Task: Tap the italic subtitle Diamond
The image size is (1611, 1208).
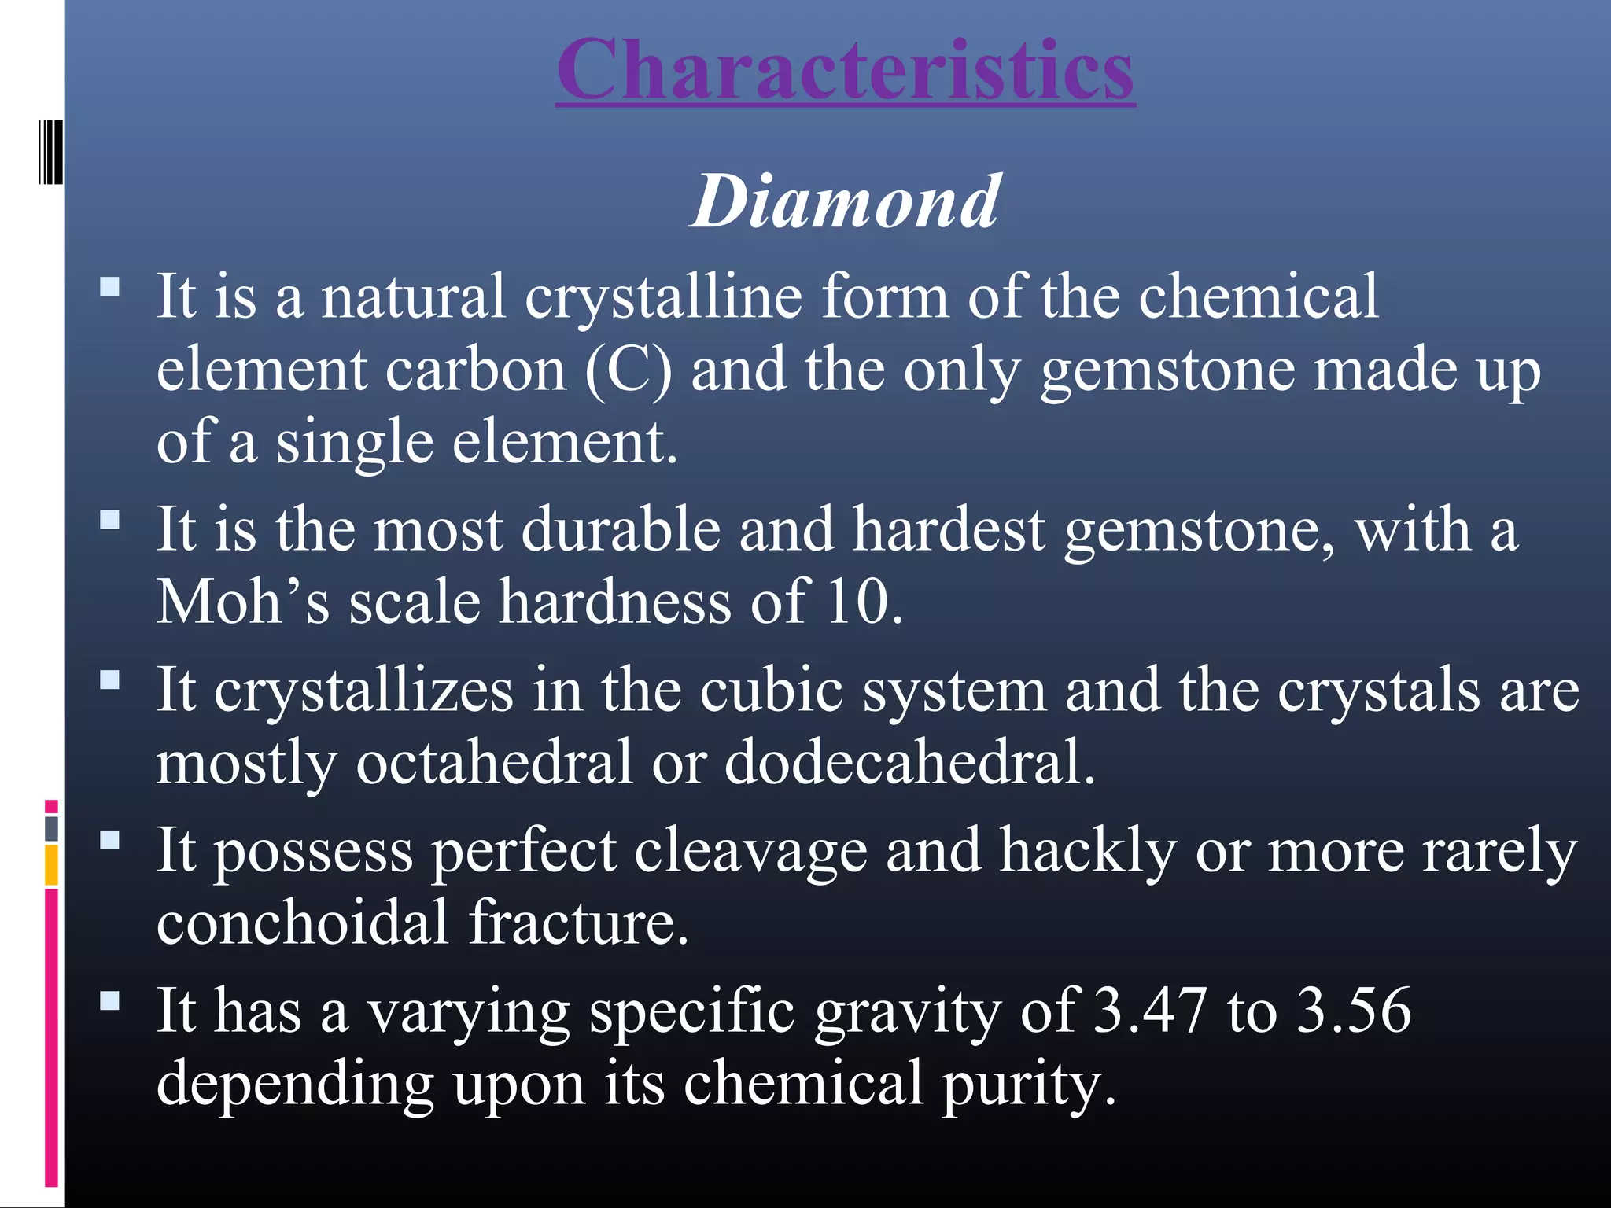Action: coord(845,202)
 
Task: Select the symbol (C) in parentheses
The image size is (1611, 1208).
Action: coord(629,371)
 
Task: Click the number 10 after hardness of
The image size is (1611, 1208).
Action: coord(855,602)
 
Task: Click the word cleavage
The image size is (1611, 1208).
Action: coord(751,851)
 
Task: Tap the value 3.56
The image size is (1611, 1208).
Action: coord(1354,1010)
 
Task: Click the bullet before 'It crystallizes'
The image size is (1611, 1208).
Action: coord(110,679)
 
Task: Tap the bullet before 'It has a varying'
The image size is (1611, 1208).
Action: coord(110,1000)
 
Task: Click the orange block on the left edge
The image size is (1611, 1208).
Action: coord(51,865)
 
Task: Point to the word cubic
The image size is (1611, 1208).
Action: coord(771,691)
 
